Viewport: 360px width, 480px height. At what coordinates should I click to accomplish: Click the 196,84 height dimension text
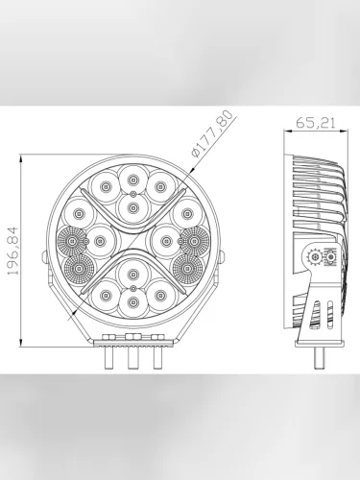coord(12,251)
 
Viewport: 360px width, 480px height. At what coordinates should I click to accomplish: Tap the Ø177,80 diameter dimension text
coord(211,133)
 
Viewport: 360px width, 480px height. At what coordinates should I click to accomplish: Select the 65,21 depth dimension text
coord(315,123)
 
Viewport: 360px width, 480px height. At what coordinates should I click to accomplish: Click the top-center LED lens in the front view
coord(132,180)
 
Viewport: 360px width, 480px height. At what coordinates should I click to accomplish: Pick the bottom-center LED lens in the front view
coord(132,301)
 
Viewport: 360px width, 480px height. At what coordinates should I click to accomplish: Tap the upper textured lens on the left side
coord(73,241)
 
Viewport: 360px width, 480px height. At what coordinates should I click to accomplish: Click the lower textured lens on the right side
coord(188,268)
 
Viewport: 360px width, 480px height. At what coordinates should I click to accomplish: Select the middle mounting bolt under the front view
coord(132,357)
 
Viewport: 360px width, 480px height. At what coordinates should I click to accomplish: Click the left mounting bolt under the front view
coord(109,358)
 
